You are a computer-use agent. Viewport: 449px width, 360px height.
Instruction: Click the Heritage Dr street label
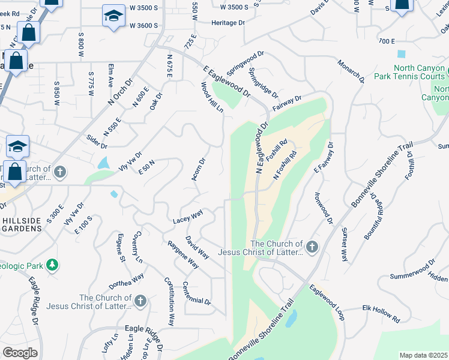[228, 23]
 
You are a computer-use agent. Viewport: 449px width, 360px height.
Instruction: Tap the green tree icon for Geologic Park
[53, 264]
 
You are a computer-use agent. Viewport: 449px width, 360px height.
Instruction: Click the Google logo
[20, 353]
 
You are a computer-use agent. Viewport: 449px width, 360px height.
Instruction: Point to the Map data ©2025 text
[423, 355]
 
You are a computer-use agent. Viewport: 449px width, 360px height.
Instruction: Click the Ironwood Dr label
[323, 208]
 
